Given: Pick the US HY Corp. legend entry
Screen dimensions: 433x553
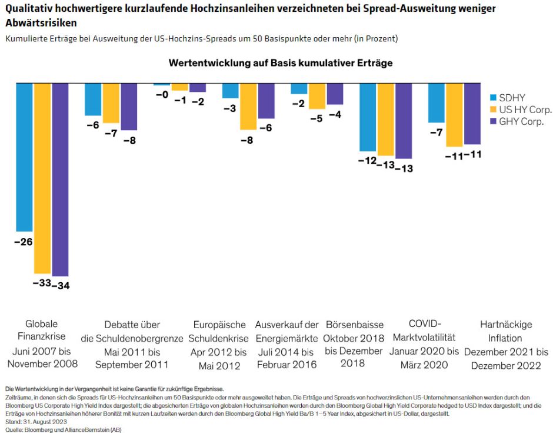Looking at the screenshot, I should tap(520, 110).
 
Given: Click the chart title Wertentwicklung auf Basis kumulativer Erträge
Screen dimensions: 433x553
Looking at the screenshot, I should tap(280, 62).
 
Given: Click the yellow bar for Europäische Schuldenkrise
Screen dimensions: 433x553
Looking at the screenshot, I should tap(248, 106).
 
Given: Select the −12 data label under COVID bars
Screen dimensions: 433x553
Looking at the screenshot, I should tap(368, 161).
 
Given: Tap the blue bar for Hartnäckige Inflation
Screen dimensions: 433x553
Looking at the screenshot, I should tap(437, 103).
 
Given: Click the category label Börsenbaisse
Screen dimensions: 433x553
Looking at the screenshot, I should tap(354, 325).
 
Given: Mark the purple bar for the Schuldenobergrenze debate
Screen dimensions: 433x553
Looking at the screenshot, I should tap(129, 107).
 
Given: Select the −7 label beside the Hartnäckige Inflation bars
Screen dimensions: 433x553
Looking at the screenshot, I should tap(436, 133).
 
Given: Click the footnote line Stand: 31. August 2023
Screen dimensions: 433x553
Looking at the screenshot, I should tap(36, 421).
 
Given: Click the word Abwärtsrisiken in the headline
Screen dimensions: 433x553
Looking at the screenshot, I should tap(41, 22).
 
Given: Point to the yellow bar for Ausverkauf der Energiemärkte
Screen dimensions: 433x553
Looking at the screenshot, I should tap(317, 96).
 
